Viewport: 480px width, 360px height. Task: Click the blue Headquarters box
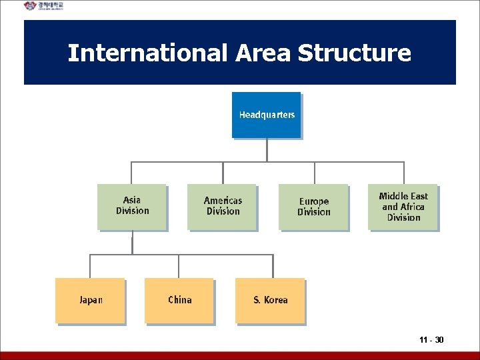[266, 115]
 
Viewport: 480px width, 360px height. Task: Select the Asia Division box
[132, 207]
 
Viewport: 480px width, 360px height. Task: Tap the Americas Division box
[222, 207]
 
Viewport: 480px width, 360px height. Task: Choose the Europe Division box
[313, 207]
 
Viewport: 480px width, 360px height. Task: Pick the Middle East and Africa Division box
[403, 207]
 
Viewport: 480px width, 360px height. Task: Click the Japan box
[90, 300]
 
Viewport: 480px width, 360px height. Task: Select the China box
[179, 300]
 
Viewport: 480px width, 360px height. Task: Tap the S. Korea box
[270, 300]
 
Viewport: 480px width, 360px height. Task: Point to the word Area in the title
[263, 53]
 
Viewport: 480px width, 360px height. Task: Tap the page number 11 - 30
[432, 341]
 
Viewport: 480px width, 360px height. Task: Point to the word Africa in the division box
[412, 207]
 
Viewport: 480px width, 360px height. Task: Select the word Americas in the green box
[223, 200]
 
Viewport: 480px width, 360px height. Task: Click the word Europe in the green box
[313, 201]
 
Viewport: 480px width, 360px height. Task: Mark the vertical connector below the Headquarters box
[267, 150]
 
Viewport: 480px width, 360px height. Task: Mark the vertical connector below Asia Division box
[132, 243]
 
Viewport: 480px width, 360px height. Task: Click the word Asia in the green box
[132, 200]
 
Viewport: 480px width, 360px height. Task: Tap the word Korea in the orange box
[276, 300]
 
